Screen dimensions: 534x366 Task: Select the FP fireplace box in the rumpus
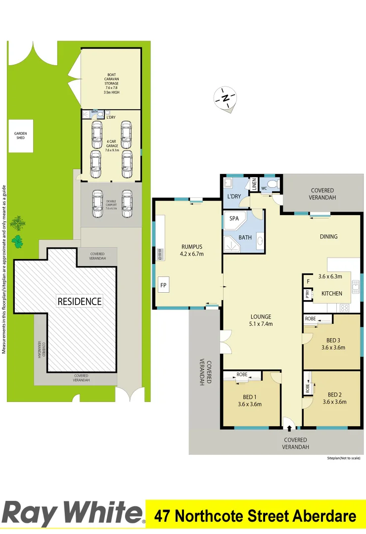[x=163, y=285]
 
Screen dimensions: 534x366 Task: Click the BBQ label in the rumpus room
[x=160, y=254]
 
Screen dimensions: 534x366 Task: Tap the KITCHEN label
[x=331, y=293]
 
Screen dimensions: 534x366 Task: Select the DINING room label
[x=328, y=236]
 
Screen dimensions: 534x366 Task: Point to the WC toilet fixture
[x=275, y=186]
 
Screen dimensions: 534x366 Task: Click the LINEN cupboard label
[x=254, y=184]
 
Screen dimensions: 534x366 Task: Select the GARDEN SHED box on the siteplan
[x=20, y=136]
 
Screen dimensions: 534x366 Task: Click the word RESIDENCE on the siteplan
[x=80, y=301]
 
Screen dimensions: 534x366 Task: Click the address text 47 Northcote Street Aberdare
[x=255, y=517]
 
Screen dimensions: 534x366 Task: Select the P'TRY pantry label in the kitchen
[x=307, y=294]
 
